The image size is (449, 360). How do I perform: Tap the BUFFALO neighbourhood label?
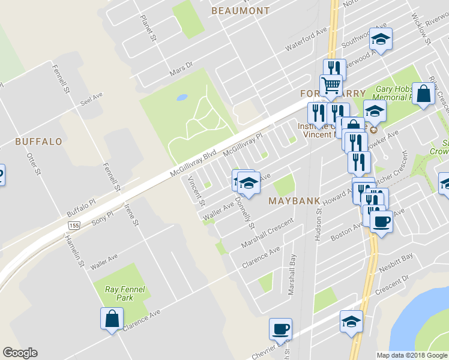[x=38, y=142]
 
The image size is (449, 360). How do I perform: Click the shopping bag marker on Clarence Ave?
[x=112, y=318]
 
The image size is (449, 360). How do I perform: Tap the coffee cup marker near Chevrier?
[x=280, y=329]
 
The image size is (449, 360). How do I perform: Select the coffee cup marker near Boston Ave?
[x=381, y=221]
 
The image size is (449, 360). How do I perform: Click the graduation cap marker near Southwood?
[x=380, y=39]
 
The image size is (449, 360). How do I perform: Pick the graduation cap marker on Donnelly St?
[x=248, y=182]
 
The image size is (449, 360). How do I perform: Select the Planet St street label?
[x=148, y=29]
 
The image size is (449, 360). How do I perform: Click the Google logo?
[x=20, y=353]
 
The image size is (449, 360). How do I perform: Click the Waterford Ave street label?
[x=306, y=37]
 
